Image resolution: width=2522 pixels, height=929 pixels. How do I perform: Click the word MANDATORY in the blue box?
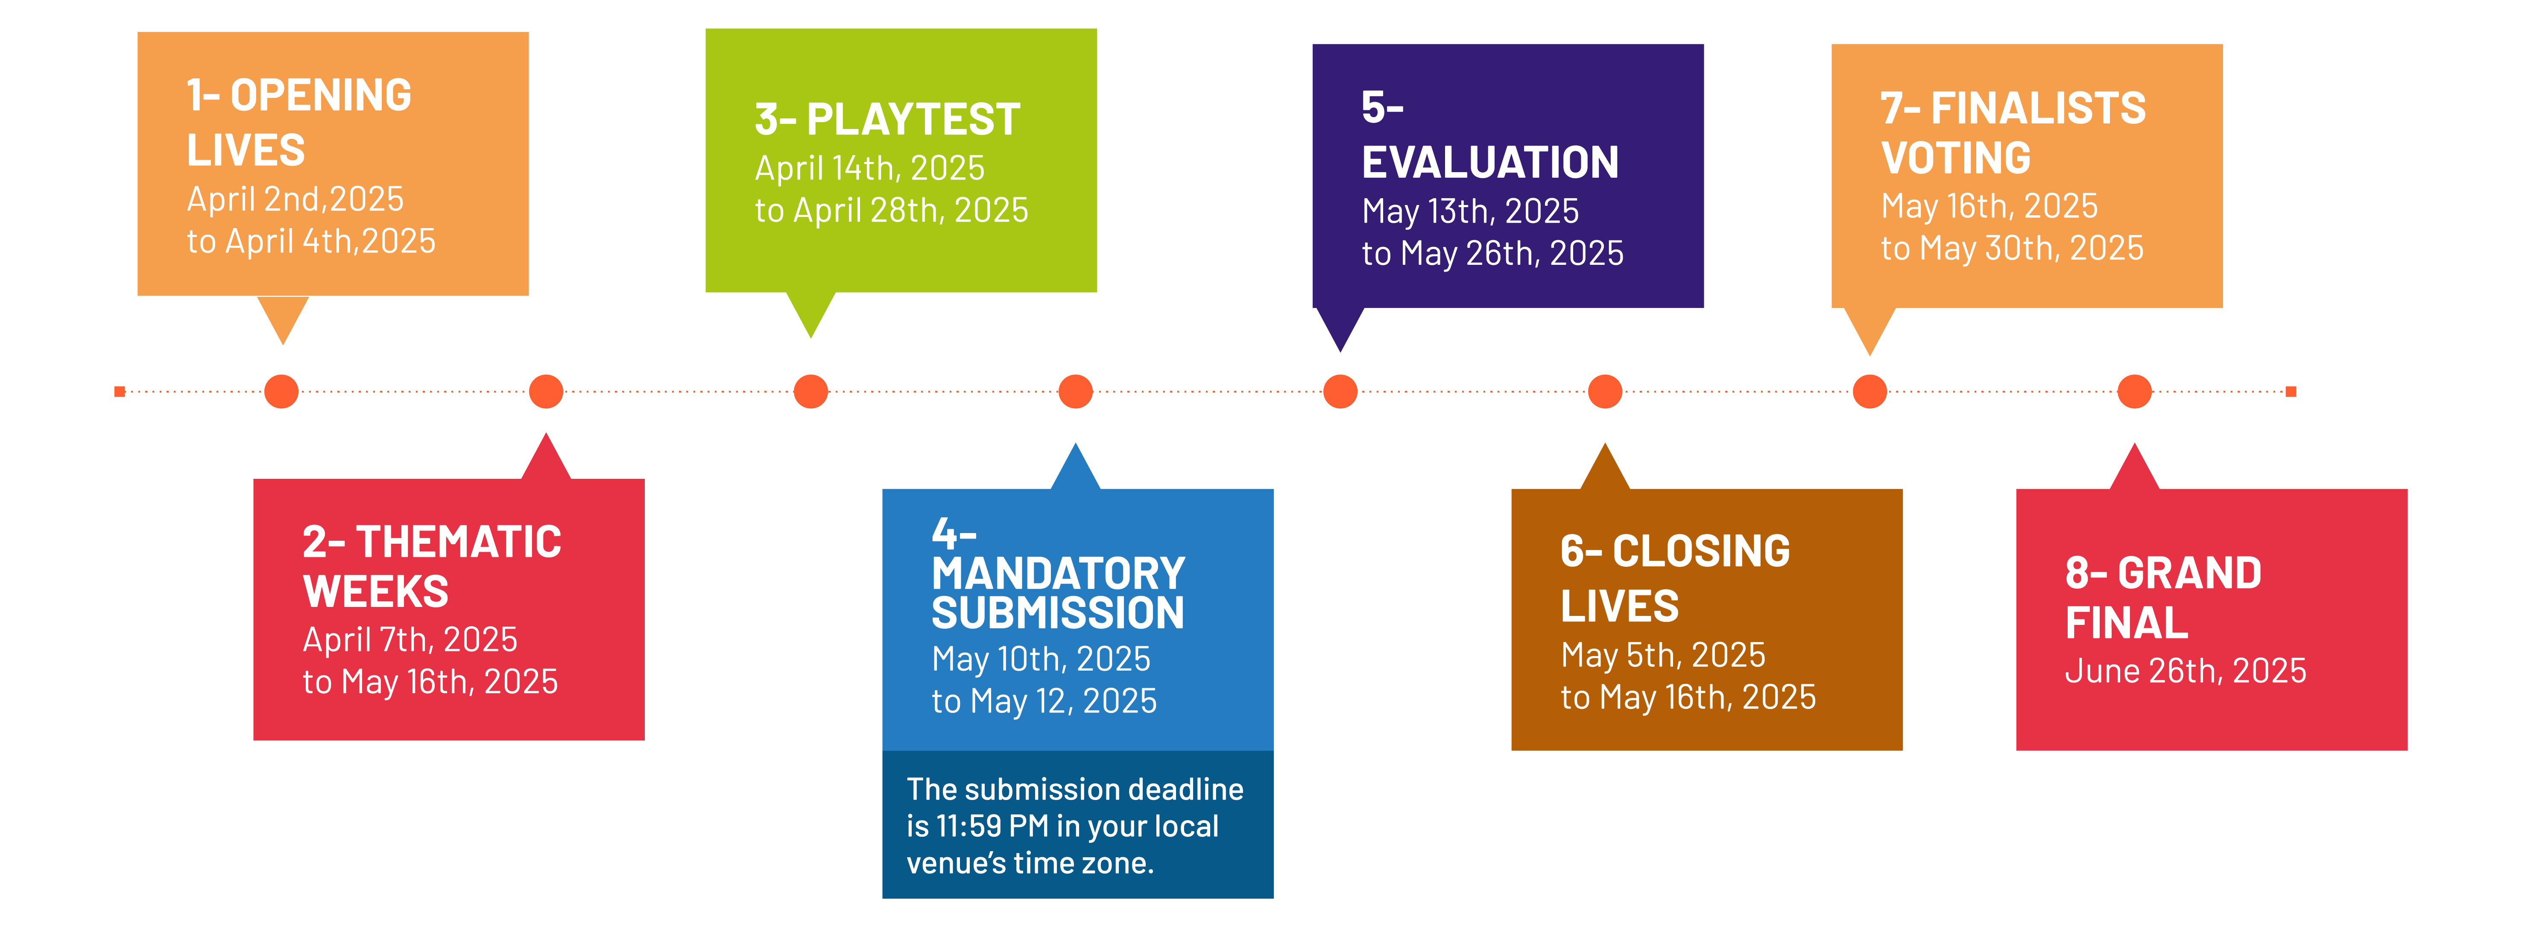pyautogui.click(x=1058, y=574)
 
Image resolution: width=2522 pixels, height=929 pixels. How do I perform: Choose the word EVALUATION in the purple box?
pyautogui.click(x=1490, y=162)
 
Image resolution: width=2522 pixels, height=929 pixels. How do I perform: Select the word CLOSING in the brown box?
pyautogui.click(x=1702, y=551)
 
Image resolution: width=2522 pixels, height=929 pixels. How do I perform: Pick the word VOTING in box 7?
pyautogui.click(x=1956, y=158)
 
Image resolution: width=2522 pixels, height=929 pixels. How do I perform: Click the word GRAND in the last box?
pyautogui.click(x=2190, y=574)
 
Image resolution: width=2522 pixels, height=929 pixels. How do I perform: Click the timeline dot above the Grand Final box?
pyautogui.click(x=2134, y=392)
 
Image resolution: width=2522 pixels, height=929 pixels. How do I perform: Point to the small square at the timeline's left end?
pyautogui.click(x=120, y=392)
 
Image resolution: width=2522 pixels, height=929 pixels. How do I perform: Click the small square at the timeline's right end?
pyautogui.click(x=2291, y=392)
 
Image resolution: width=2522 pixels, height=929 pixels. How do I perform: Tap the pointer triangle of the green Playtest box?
pyautogui.click(x=810, y=311)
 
